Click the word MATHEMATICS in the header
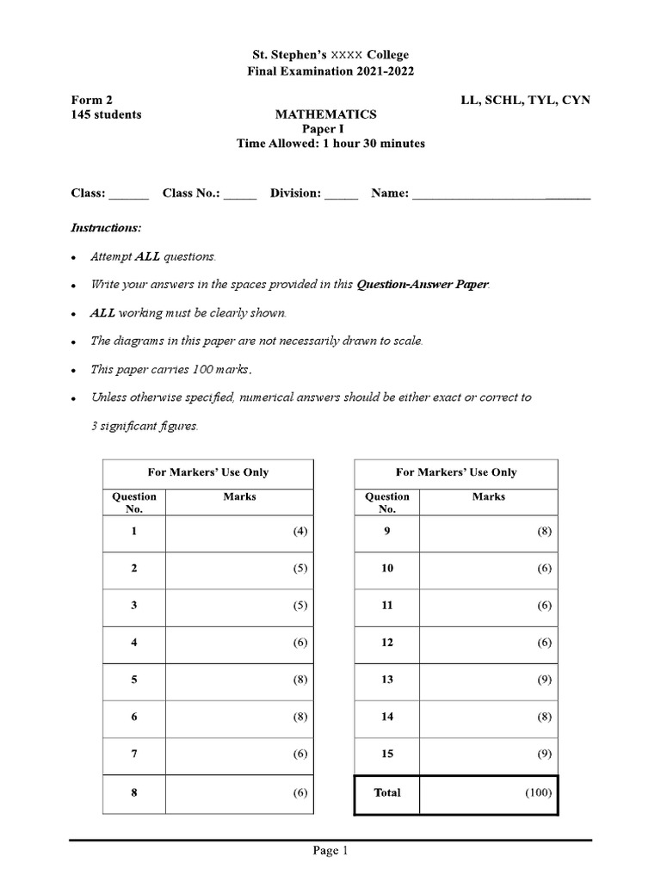[325, 114]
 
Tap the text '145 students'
[106, 114]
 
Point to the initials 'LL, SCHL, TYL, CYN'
[525, 100]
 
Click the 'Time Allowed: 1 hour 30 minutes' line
[330, 144]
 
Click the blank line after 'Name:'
[501, 194]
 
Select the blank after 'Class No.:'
[240, 194]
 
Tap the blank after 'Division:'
[341, 194]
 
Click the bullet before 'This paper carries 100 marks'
[76, 370]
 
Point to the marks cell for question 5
[238, 680]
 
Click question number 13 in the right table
[387, 680]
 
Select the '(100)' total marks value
[538, 793]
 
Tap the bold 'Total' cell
[387, 793]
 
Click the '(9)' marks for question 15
[545, 755]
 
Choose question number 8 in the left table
[134, 793]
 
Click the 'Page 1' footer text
[330, 852]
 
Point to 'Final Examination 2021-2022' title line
[330, 71]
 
